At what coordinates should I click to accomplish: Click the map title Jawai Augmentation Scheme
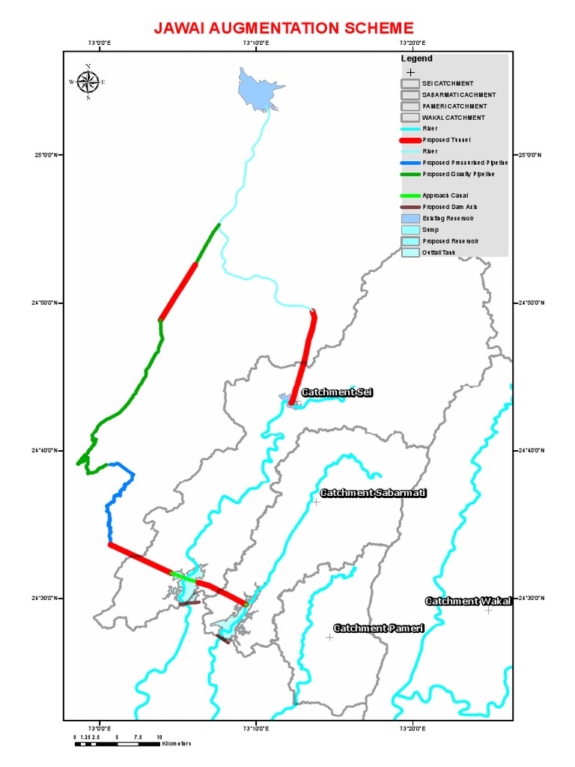[x=283, y=28]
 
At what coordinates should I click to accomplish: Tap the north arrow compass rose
[x=88, y=82]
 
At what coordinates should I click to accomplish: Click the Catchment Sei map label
[x=336, y=392]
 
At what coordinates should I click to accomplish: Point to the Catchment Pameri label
[x=378, y=628]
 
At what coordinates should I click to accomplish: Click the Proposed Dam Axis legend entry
[x=449, y=207]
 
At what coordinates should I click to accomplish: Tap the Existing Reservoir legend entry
[x=448, y=218]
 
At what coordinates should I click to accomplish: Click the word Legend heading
[x=416, y=58]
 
